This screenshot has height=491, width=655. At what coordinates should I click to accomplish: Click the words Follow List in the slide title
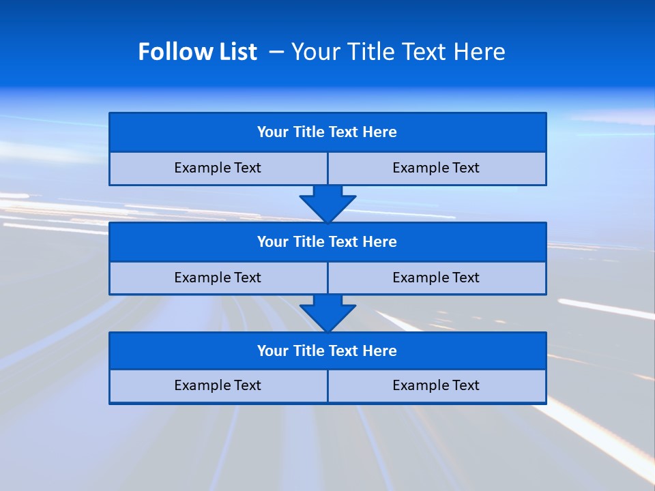point(197,52)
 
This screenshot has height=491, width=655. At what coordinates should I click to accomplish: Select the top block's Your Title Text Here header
point(327,132)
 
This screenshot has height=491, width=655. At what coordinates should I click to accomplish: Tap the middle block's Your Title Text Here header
point(327,242)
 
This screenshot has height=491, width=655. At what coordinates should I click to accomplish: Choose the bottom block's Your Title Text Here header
point(327,351)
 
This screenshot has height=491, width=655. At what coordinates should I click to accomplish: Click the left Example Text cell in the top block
point(218,168)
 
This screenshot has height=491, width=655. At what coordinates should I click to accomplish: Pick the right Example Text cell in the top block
point(436,168)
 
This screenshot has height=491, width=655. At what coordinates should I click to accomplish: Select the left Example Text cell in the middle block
point(218,278)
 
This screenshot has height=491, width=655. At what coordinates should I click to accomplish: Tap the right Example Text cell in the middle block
point(436,278)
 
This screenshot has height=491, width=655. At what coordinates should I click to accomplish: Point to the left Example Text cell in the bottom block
point(218,385)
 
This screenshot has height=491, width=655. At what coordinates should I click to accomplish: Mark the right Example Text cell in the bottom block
point(436,385)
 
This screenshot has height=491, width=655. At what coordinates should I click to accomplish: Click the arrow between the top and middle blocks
point(327,203)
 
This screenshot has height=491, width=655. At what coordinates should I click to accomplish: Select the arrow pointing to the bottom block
point(327,313)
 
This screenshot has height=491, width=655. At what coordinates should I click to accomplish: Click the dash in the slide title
point(276,52)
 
